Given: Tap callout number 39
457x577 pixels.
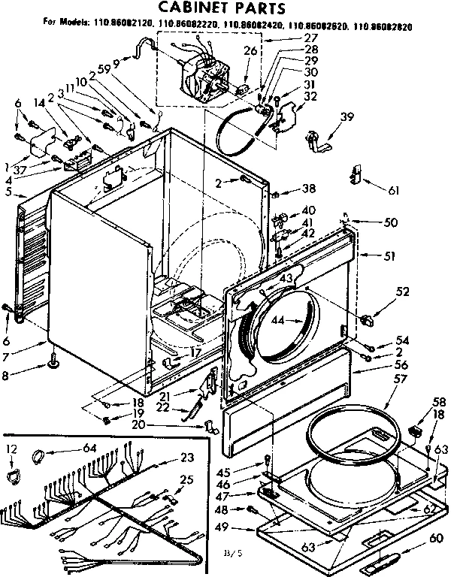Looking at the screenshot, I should coord(347,116).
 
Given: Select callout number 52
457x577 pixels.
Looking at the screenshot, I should coord(403,292).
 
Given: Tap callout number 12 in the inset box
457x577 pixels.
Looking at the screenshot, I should coord(11,449).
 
